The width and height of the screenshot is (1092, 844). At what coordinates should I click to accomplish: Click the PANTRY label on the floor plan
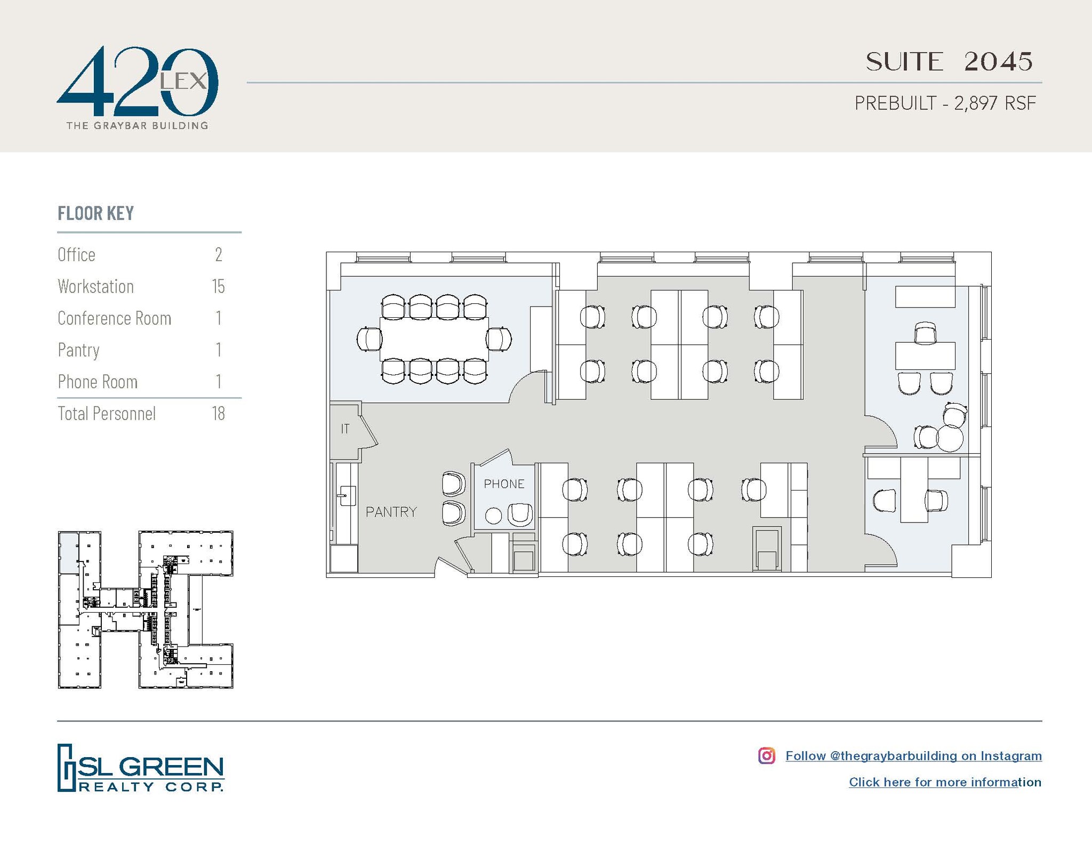pos(391,512)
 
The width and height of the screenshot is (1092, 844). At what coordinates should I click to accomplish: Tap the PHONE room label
pos(504,484)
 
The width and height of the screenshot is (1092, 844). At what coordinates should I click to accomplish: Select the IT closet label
pos(345,429)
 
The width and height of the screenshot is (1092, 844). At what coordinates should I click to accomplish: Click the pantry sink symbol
pos(347,496)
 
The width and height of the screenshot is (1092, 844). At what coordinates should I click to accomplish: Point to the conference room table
pos(434,339)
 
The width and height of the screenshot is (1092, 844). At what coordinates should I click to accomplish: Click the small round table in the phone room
pos(493,516)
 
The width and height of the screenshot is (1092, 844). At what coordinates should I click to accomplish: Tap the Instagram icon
pos(766,755)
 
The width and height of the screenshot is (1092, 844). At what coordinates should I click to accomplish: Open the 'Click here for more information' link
pos(945,782)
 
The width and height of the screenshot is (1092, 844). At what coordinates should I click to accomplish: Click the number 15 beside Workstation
pos(219,287)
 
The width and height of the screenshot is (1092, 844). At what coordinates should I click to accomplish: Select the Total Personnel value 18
pos(219,414)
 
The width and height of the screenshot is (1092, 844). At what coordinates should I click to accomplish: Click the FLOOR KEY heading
pos(96,213)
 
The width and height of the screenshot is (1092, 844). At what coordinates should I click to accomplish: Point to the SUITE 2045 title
pos(949,62)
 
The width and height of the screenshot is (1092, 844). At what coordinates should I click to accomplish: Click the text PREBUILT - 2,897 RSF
pos(945,103)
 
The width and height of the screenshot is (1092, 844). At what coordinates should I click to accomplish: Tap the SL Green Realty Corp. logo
pos(141,768)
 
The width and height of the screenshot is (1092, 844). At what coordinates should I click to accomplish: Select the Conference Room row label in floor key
pos(115,318)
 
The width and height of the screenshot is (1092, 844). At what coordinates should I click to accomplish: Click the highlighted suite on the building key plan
pos(67,552)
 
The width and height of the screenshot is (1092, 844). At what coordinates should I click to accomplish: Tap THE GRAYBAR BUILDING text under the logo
pos(137,126)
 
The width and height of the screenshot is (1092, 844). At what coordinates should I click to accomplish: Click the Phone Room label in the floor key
pos(98,382)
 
